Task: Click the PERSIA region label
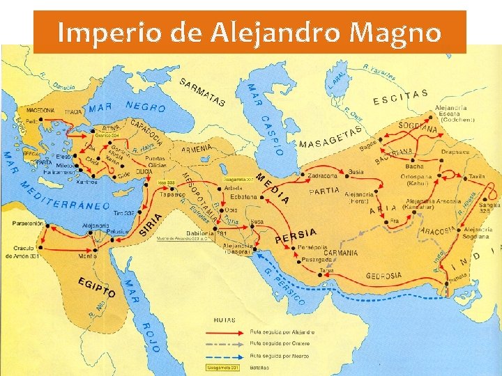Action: [x=296, y=235]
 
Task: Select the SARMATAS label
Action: [x=202, y=93]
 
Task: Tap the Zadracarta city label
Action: [x=322, y=176]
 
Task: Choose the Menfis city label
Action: [x=88, y=256]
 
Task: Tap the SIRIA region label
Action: [x=152, y=224]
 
